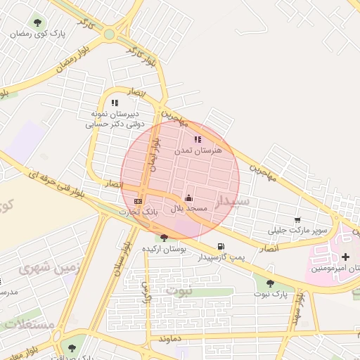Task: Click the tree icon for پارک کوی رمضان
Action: coord(37,22)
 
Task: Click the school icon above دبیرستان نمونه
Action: coord(114,103)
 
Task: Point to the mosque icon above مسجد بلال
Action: coord(188,198)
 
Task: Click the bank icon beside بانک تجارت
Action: coord(138,201)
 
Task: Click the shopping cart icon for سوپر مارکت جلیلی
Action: coord(297,220)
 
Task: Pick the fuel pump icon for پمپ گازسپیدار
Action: coord(221,246)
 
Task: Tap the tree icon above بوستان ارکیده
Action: coord(164,238)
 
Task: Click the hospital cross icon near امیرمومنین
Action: coord(345,257)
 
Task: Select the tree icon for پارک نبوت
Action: coord(270,283)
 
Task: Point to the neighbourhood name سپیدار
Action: coord(233,202)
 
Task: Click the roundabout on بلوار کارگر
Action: coord(109,34)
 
